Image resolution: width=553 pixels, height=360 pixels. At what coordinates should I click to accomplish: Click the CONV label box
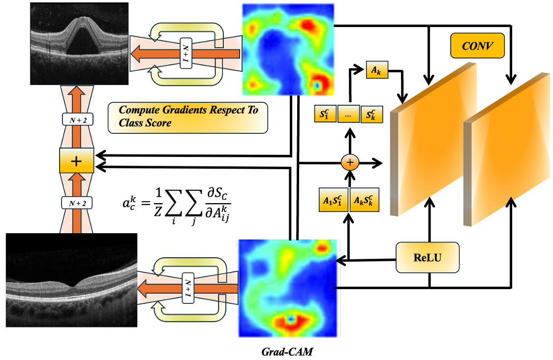tap(477, 45)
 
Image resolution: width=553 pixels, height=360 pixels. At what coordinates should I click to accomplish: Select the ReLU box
tap(428, 257)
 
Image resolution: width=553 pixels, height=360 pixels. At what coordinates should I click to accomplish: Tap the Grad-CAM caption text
tap(287, 352)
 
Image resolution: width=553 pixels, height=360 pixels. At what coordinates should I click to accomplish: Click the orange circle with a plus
tap(350, 163)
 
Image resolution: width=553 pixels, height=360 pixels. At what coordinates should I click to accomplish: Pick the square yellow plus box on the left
tap(77, 161)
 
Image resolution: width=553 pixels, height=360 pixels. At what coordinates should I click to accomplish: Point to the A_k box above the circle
tap(377, 70)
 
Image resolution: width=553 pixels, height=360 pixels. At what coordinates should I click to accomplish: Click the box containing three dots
tap(348, 114)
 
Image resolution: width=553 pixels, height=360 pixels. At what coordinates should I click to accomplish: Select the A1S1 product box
tap(333, 200)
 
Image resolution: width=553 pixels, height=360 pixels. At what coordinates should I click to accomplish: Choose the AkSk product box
tap(364, 200)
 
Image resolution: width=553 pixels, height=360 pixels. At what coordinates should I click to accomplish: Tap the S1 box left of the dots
tap(325, 114)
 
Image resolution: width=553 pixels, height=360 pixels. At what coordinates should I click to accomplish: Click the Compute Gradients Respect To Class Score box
tap(187, 118)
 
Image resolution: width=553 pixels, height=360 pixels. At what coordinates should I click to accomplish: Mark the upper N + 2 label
tap(78, 120)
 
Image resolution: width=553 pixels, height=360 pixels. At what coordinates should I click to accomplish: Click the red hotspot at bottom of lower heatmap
tap(290, 321)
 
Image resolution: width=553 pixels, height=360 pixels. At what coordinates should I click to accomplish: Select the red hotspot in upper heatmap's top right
tap(308, 25)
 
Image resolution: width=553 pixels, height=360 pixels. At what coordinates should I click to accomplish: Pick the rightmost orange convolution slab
tap(507, 150)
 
